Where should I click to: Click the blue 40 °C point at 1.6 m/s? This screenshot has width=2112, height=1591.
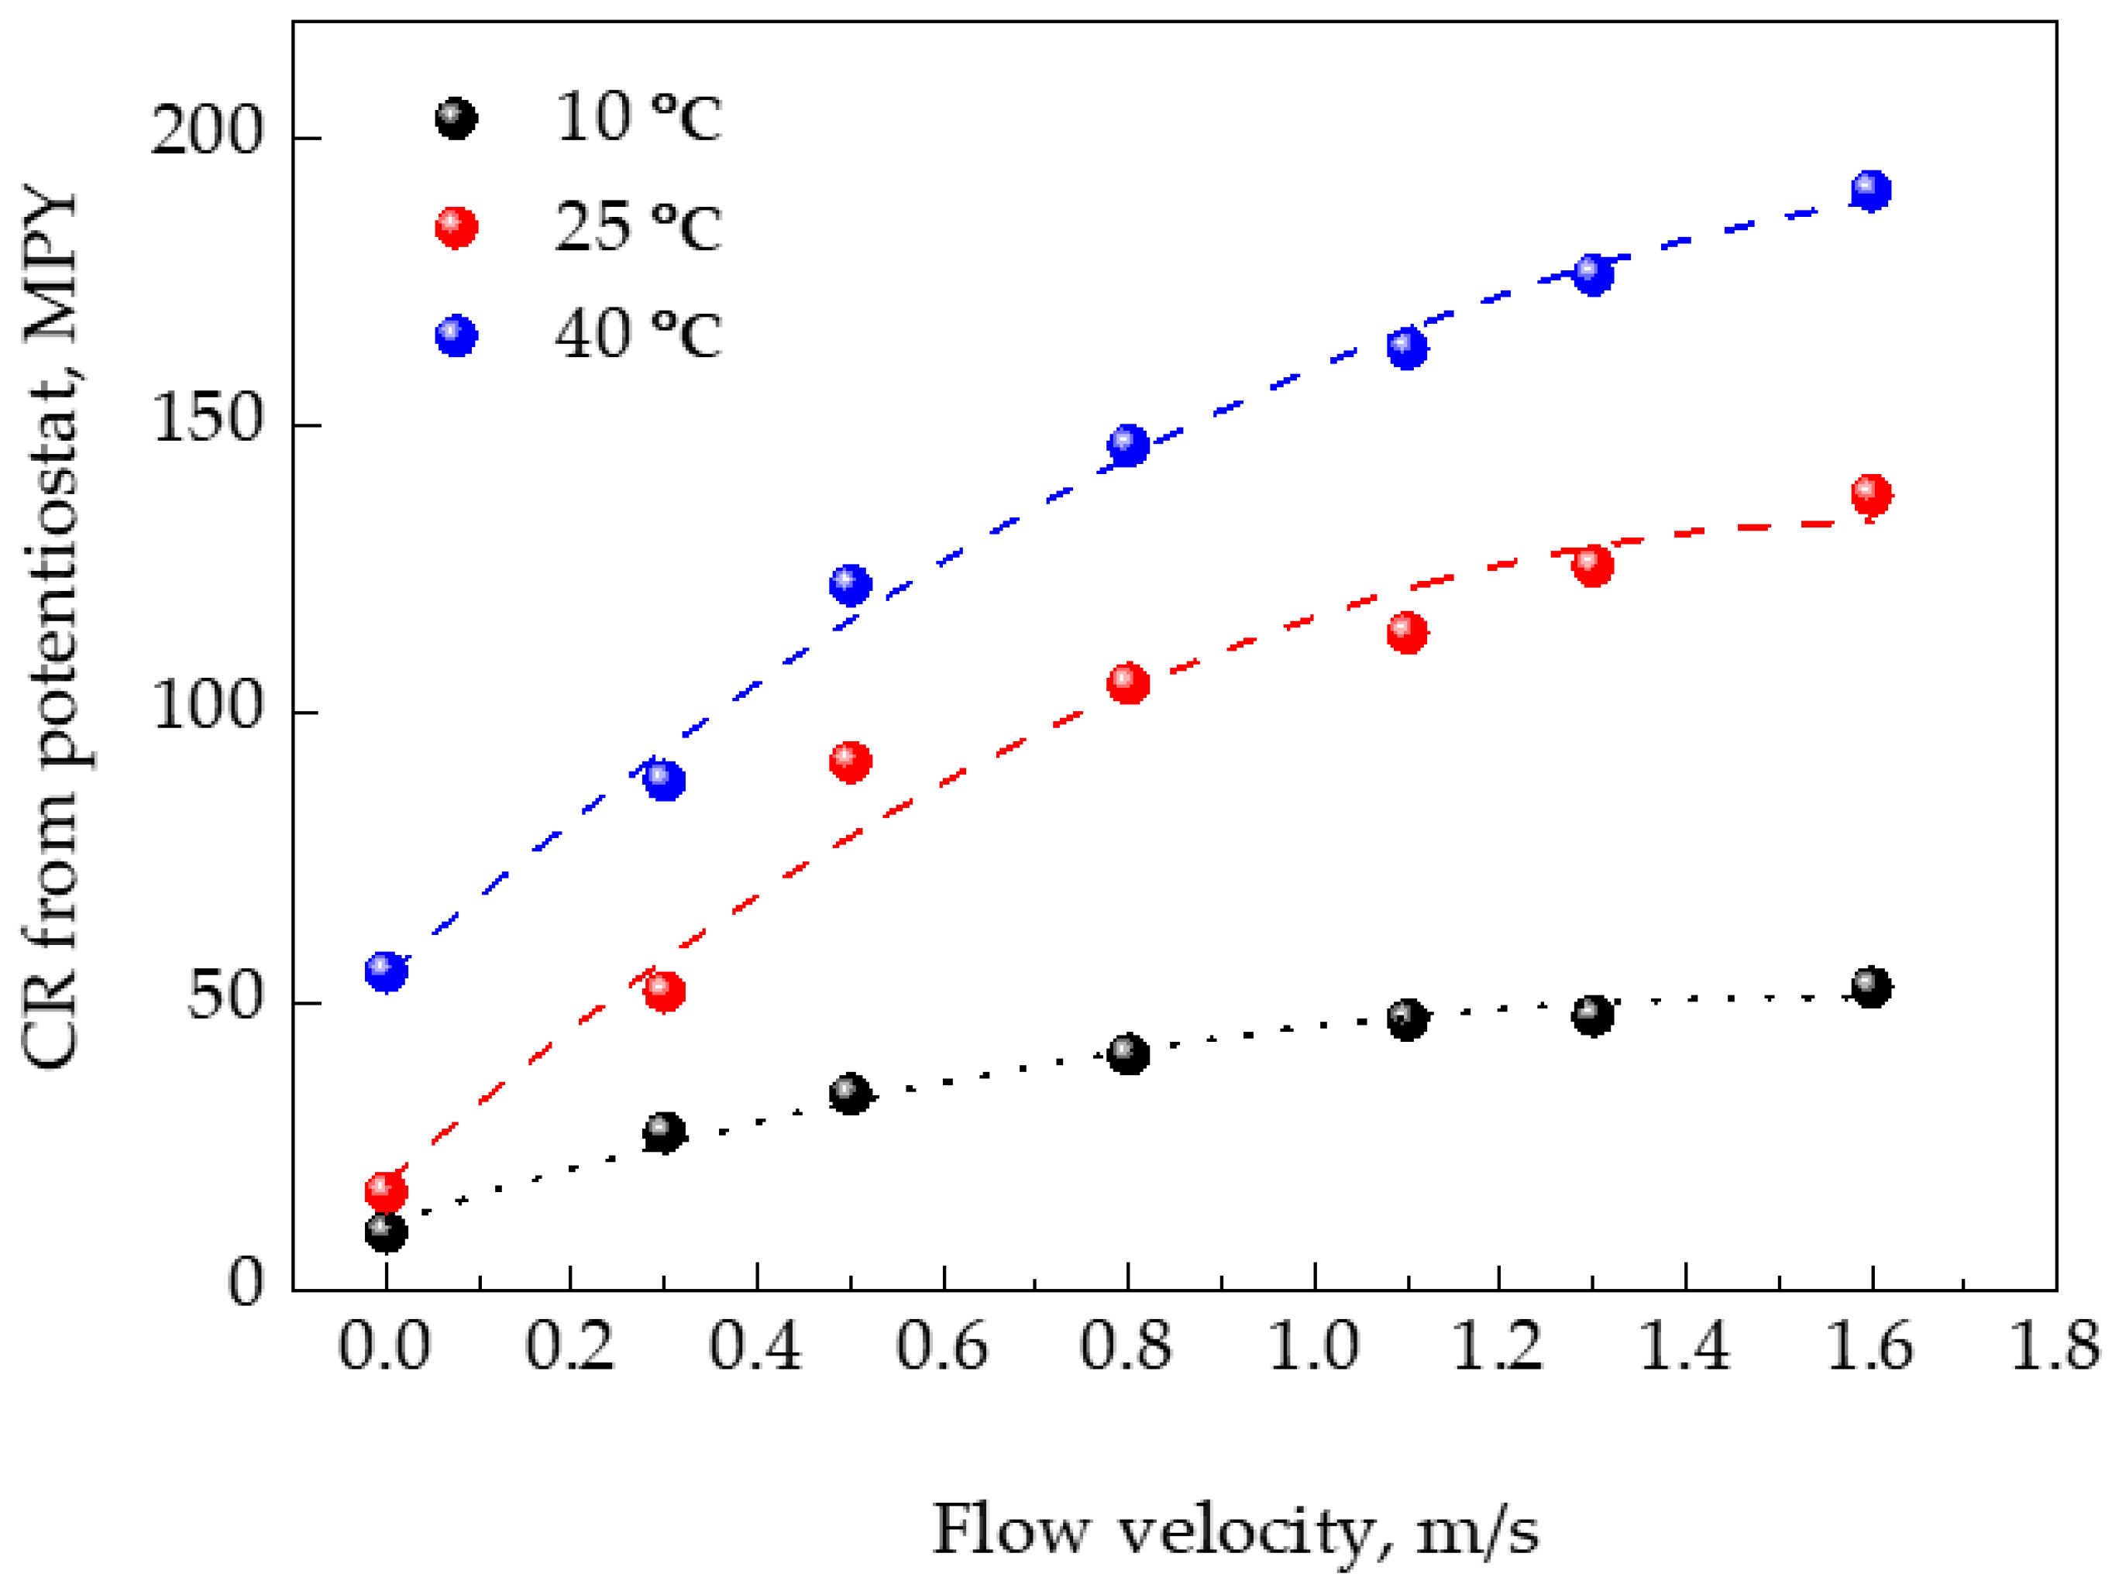(x=1870, y=191)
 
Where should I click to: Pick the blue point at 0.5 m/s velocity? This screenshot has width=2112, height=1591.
(x=850, y=584)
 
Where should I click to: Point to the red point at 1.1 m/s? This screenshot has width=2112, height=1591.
(x=1406, y=632)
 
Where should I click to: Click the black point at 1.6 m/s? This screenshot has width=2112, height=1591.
(x=1870, y=988)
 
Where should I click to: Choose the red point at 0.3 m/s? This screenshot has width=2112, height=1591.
(x=665, y=991)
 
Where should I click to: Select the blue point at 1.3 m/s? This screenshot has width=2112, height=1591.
(x=1593, y=275)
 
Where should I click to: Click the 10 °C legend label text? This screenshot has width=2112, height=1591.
(x=638, y=119)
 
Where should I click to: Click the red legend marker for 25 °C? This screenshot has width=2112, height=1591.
(x=456, y=227)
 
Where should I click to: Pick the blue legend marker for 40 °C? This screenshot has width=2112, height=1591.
(x=456, y=335)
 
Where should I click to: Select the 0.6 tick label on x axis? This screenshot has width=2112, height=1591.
(x=941, y=1348)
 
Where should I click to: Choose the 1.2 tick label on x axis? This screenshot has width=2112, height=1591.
(x=1497, y=1348)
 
